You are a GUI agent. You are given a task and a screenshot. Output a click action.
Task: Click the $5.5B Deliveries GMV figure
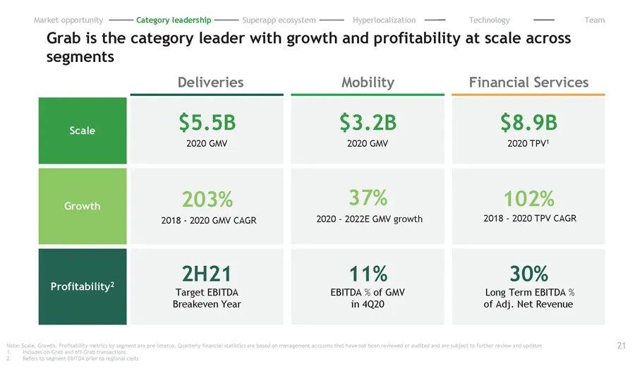pyautogui.click(x=207, y=123)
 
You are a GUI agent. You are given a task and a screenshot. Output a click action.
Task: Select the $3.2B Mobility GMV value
pyautogui.click(x=368, y=123)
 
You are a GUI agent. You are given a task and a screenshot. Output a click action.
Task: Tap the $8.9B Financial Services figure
pyautogui.click(x=528, y=123)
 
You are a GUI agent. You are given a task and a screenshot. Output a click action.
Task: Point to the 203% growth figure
pyautogui.click(x=207, y=200)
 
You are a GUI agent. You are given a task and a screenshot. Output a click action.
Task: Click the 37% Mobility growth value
pyautogui.click(x=368, y=197)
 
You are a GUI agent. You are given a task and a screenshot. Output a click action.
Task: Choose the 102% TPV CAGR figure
pyautogui.click(x=528, y=198)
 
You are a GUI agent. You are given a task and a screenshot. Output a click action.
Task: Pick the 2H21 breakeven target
pyautogui.click(x=207, y=274)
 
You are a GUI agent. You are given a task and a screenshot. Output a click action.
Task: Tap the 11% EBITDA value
pyautogui.click(x=368, y=274)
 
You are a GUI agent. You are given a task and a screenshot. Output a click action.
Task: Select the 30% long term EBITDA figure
pyautogui.click(x=528, y=274)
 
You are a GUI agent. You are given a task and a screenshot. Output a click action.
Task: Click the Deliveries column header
pyautogui.click(x=210, y=83)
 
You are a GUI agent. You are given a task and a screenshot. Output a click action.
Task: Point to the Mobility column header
pyautogui.click(x=368, y=83)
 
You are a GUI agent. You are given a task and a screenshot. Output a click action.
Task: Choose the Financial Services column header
pyautogui.click(x=528, y=83)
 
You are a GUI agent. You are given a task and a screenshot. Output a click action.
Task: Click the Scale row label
pyautogui.click(x=83, y=131)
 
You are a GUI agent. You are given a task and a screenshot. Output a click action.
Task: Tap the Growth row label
pyautogui.click(x=83, y=206)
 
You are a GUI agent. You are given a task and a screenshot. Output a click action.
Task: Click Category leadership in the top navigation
pyautogui.click(x=174, y=20)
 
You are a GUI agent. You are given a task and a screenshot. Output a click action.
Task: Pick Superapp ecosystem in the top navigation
pyautogui.click(x=279, y=20)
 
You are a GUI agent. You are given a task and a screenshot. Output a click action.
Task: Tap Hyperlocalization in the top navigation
pyautogui.click(x=384, y=20)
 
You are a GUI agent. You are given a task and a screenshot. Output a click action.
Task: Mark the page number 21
pyautogui.click(x=621, y=346)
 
